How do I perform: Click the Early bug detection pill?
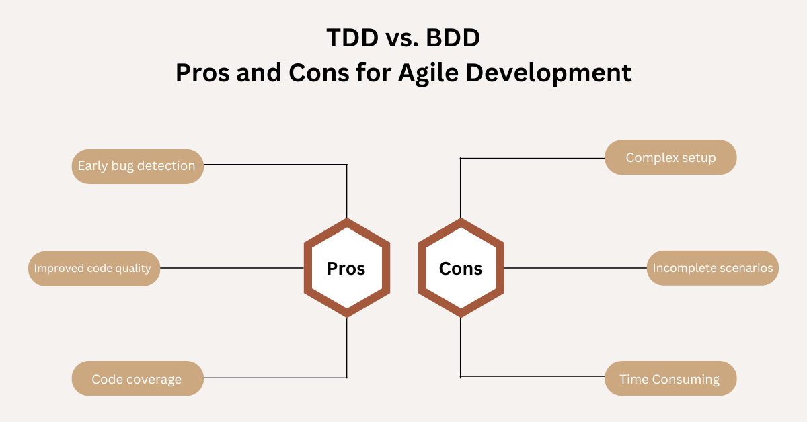pos(137,166)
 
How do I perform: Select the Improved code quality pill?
pos(94,268)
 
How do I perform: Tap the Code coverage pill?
pos(137,379)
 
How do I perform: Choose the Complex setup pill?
pos(670,158)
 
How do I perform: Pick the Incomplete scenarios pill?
pos(712,268)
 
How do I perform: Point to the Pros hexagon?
pos(346,269)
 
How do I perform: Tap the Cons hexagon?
pos(461,269)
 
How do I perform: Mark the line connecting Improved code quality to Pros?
pos(232,268)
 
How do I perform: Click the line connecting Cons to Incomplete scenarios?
pos(575,268)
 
